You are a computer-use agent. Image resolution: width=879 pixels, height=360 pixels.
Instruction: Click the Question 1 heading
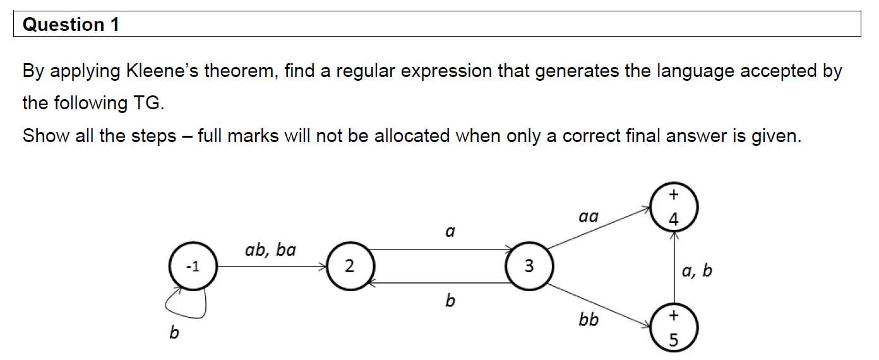[71, 25]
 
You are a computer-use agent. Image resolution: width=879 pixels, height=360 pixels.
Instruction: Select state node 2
[349, 267]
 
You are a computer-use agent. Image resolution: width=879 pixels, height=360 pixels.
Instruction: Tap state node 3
[529, 267]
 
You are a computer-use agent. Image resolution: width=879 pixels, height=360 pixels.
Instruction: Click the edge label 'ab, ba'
[270, 250]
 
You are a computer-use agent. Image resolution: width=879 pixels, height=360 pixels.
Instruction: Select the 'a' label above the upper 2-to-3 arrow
[450, 232]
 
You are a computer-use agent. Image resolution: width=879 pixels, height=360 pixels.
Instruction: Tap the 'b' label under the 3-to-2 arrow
[450, 301]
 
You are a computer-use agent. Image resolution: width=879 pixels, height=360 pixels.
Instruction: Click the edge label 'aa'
[588, 218]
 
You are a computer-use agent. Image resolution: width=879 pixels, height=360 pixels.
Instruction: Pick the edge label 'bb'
[588, 320]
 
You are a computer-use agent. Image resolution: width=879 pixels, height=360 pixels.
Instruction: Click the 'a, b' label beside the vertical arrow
[697, 271]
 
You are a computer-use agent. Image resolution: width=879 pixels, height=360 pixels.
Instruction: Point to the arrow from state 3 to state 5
[600, 306]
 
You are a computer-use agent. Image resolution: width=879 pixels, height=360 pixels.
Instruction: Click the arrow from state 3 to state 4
[600, 229]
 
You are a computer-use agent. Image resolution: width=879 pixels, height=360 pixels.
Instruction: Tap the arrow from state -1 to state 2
[272, 267]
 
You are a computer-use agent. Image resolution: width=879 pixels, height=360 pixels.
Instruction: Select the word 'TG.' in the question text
[149, 103]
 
